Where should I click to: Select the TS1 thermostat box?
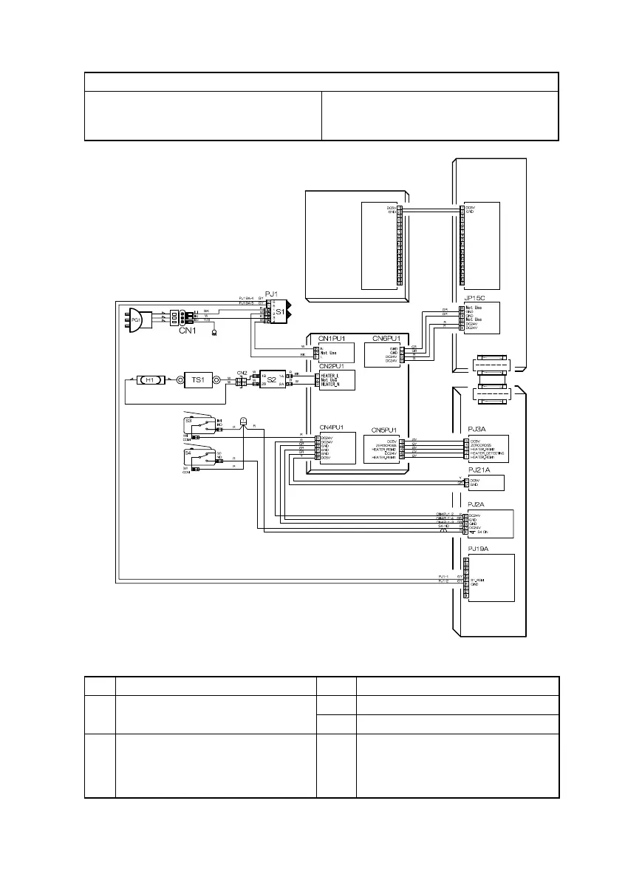[197, 380]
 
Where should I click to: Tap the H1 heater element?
[150, 380]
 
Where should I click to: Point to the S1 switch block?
[279, 313]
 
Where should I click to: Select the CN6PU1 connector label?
[386, 339]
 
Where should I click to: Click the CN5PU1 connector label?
[386, 430]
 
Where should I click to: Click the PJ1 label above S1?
[270, 294]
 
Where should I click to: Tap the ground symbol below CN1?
[214, 333]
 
